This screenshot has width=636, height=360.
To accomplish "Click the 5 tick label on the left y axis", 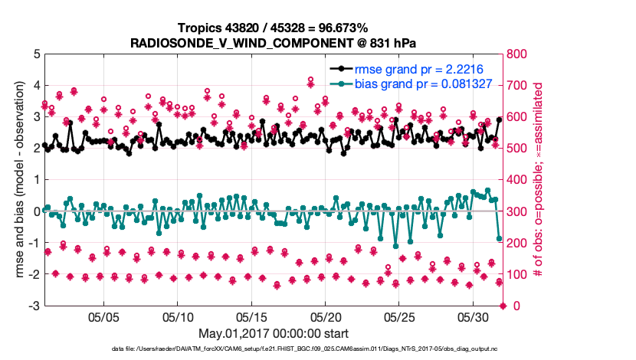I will tap(35, 54).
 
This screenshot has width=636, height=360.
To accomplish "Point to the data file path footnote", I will tap(273, 349).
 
